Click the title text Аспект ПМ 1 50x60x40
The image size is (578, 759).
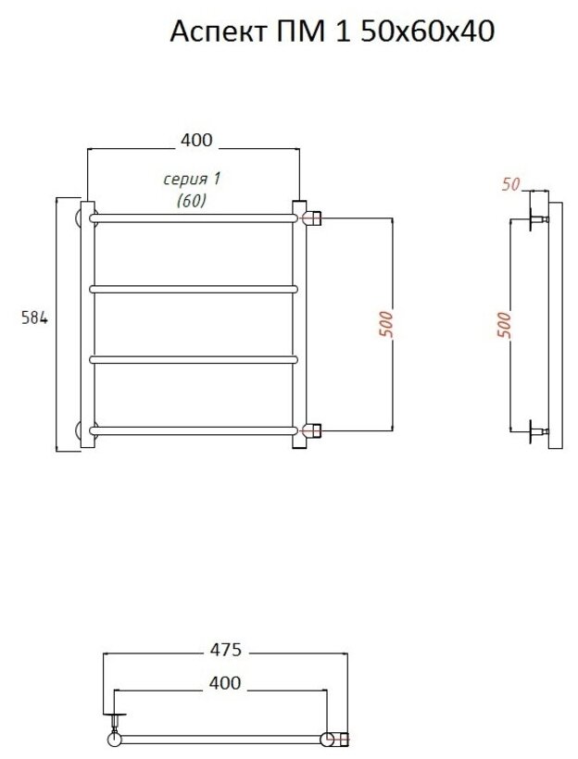click(x=332, y=31)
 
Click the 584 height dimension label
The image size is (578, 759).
click(x=34, y=317)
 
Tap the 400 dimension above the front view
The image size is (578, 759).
click(x=196, y=140)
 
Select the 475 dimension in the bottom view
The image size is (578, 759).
click(x=225, y=649)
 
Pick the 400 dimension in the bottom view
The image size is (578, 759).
click(x=225, y=683)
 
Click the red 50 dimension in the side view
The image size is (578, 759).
click(x=510, y=184)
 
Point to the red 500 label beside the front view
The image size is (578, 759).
click(x=385, y=324)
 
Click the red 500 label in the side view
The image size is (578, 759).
click(x=504, y=324)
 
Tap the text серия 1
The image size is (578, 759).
click(x=192, y=180)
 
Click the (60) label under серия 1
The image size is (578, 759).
click(x=192, y=200)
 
